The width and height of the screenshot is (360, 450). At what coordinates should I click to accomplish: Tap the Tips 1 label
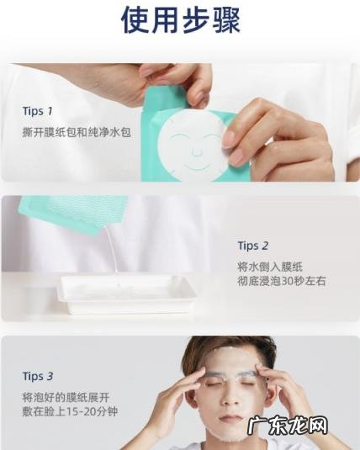tap(38, 111)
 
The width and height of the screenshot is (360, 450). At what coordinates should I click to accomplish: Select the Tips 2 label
tap(253, 246)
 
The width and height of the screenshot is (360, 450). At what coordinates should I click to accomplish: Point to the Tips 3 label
tap(38, 376)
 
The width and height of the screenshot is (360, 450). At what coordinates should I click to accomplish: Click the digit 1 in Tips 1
tap(50, 111)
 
